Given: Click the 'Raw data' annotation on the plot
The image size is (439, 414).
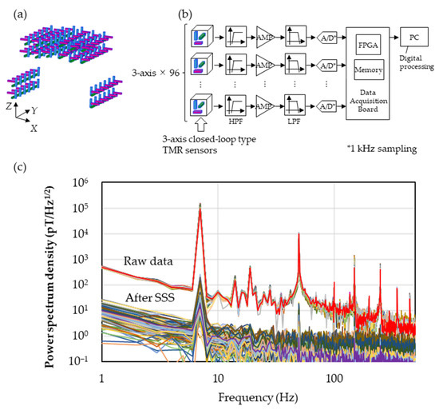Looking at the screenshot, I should pos(149,261).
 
